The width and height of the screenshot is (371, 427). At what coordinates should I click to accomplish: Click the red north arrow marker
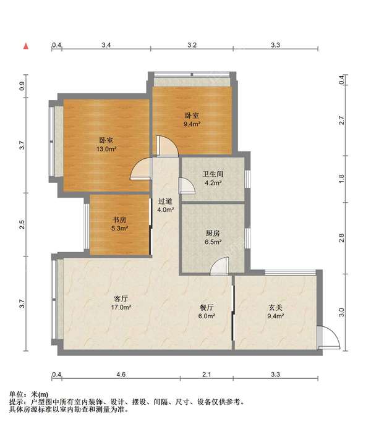click(x=26, y=46)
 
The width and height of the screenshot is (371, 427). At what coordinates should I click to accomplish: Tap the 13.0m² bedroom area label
click(x=106, y=149)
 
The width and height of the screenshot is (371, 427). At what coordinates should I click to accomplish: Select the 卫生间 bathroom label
click(x=213, y=174)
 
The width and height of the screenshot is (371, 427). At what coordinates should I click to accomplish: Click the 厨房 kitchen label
click(x=213, y=233)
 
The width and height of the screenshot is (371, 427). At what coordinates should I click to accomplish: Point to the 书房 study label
click(x=119, y=219)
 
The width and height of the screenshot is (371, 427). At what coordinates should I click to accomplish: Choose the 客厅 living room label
click(x=121, y=298)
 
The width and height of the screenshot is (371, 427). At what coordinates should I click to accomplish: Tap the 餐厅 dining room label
click(x=207, y=308)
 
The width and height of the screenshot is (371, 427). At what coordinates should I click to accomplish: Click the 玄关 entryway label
click(x=276, y=308)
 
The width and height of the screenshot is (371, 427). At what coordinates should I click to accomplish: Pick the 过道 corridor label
click(x=165, y=201)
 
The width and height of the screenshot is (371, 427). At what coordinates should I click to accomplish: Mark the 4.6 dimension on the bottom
click(x=121, y=374)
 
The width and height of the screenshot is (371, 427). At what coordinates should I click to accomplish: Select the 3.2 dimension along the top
click(x=192, y=45)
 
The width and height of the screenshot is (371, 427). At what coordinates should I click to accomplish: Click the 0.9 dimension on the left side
click(x=22, y=86)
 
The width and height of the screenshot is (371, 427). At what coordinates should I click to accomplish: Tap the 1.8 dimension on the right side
click(x=341, y=179)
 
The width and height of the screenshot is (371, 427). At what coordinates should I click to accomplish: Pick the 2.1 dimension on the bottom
click(x=207, y=374)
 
